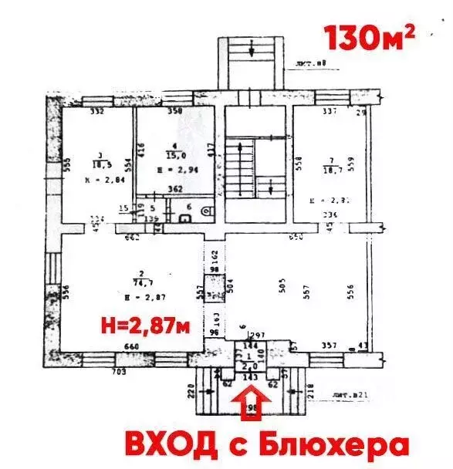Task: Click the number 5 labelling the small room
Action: (154, 208)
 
